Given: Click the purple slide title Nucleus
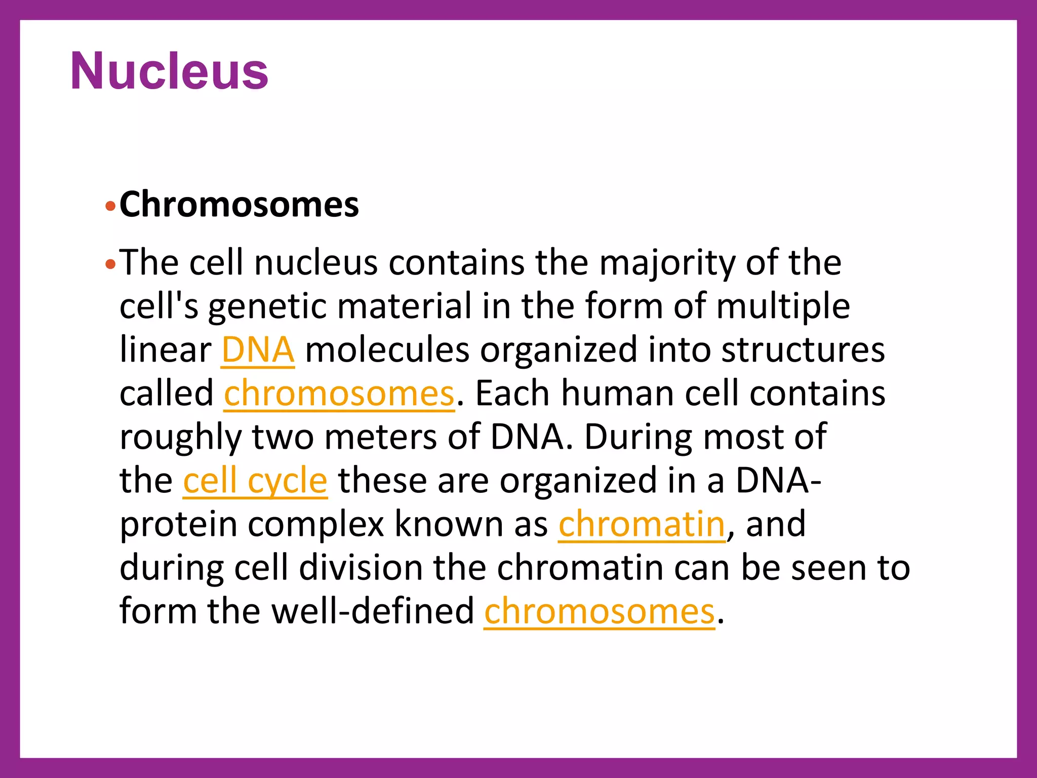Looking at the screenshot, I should click(169, 71).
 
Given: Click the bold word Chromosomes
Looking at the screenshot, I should click(239, 205).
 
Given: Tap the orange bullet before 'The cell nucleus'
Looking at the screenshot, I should click(110, 264).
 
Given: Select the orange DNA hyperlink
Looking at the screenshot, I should click(258, 350).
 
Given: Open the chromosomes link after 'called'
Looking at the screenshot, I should click(339, 394).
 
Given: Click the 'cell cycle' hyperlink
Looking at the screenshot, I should click(255, 481).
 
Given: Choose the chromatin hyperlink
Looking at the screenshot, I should click(642, 524).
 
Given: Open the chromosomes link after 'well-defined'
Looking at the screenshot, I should click(600, 611).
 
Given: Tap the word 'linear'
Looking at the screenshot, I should click(165, 350).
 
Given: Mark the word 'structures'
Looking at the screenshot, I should click(803, 350).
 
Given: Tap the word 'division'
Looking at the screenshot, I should click(361, 568).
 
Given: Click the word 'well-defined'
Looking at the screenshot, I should click(373, 611).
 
